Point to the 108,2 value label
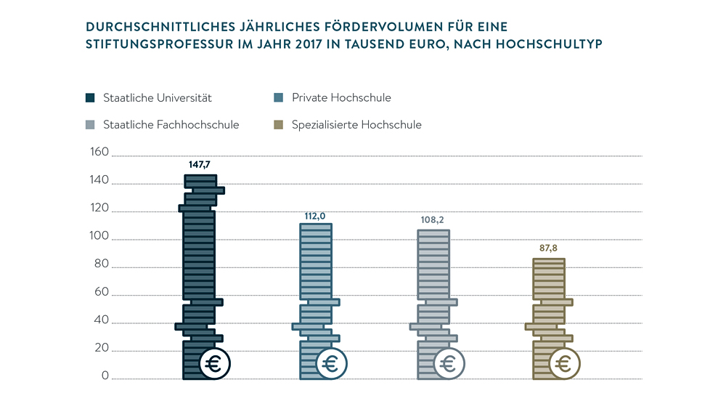pos(433,219)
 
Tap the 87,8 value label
pos(548,248)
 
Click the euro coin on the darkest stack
pos(214,364)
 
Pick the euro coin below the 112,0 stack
pos(332,364)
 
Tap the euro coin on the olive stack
pos(565,364)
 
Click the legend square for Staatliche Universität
pos(90,97)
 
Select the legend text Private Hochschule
pos(341,97)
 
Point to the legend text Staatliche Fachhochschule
pos(171,125)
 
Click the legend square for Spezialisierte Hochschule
pos(279,125)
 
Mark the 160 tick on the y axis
pos(99,153)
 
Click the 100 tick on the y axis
pos(99,237)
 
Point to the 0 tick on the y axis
pos(105,376)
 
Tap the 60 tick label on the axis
pos(101,293)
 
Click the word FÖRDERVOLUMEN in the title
pos(378,27)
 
